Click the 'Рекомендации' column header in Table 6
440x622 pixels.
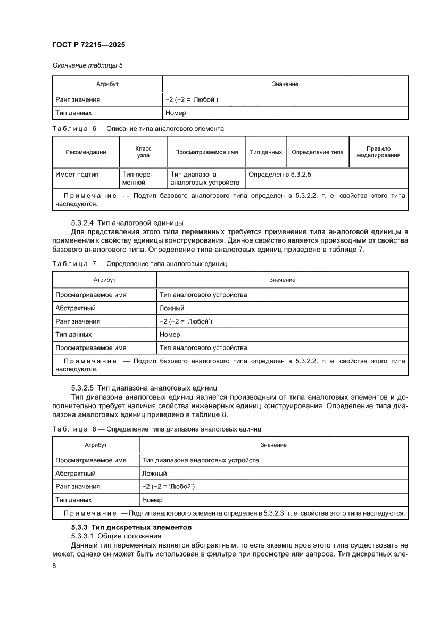[x=86, y=152]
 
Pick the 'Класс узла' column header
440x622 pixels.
[x=143, y=152]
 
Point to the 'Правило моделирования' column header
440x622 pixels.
[x=378, y=152]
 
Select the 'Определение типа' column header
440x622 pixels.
[x=318, y=152]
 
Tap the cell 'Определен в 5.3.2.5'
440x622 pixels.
[x=280, y=174]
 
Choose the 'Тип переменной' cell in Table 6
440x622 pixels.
[x=137, y=178]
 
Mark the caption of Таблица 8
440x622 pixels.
[x=157, y=429]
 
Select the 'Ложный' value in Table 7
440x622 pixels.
[x=172, y=308]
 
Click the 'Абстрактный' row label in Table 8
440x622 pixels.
[x=76, y=473]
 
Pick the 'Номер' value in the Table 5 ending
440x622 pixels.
[x=176, y=113]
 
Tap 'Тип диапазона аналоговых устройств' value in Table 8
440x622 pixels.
[x=201, y=460]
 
